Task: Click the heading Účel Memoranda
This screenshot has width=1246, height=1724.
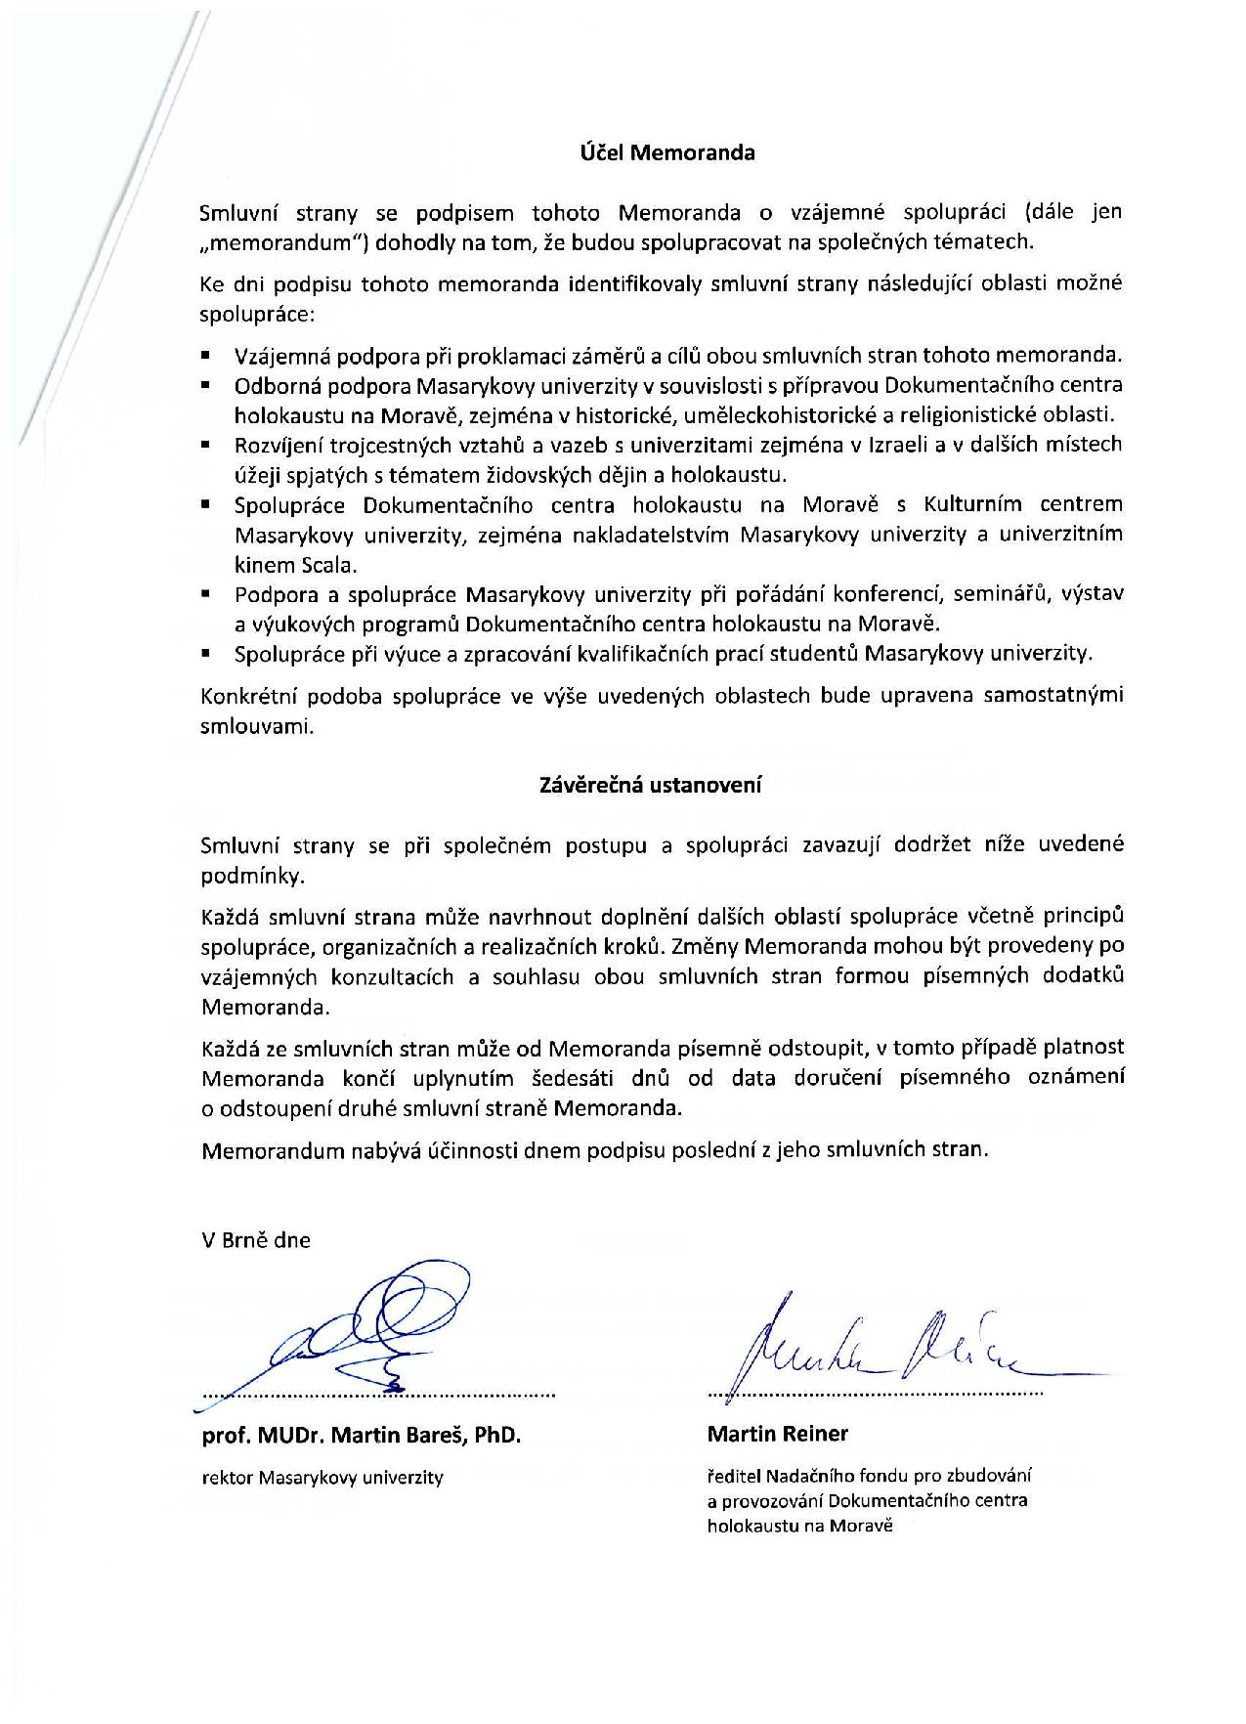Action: (662, 153)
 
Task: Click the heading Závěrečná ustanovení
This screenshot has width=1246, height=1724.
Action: (650, 785)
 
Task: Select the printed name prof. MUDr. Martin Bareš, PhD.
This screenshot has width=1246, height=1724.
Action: (362, 1436)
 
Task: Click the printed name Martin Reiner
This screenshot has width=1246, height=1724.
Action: (777, 1435)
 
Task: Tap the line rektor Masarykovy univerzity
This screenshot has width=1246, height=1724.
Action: (322, 1478)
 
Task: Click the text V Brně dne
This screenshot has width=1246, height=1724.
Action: (255, 1240)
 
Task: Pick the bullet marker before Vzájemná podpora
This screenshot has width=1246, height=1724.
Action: (206, 355)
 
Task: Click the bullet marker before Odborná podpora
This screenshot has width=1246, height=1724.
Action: (206, 385)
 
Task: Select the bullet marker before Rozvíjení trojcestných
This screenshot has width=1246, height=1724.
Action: (206, 445)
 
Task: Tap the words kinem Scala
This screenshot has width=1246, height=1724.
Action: (295, 565)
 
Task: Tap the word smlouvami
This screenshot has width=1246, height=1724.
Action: (257, 726)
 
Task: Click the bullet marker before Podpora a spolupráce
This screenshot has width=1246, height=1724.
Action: (206, 594)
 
